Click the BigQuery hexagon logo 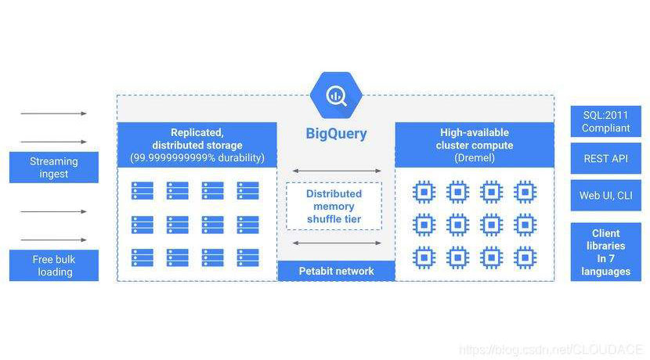[336, 95]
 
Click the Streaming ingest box [54, 167]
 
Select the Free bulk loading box [54, 265]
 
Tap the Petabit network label [336, 271]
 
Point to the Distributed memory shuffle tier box [334, 206]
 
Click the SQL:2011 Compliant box [605, 121]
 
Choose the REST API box [605, 158]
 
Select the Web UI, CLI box [605, 196]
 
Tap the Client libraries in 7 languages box [605, 252]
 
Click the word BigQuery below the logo [336, 134]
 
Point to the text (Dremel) [475, 157]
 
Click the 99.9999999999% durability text [197, 157]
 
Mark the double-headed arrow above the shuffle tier [336, 170]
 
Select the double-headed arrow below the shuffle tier [336, 243]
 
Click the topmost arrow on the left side [54, 113]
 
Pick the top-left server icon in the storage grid [143, 190]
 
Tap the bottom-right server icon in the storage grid [248, 257]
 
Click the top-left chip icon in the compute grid [424, 190]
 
